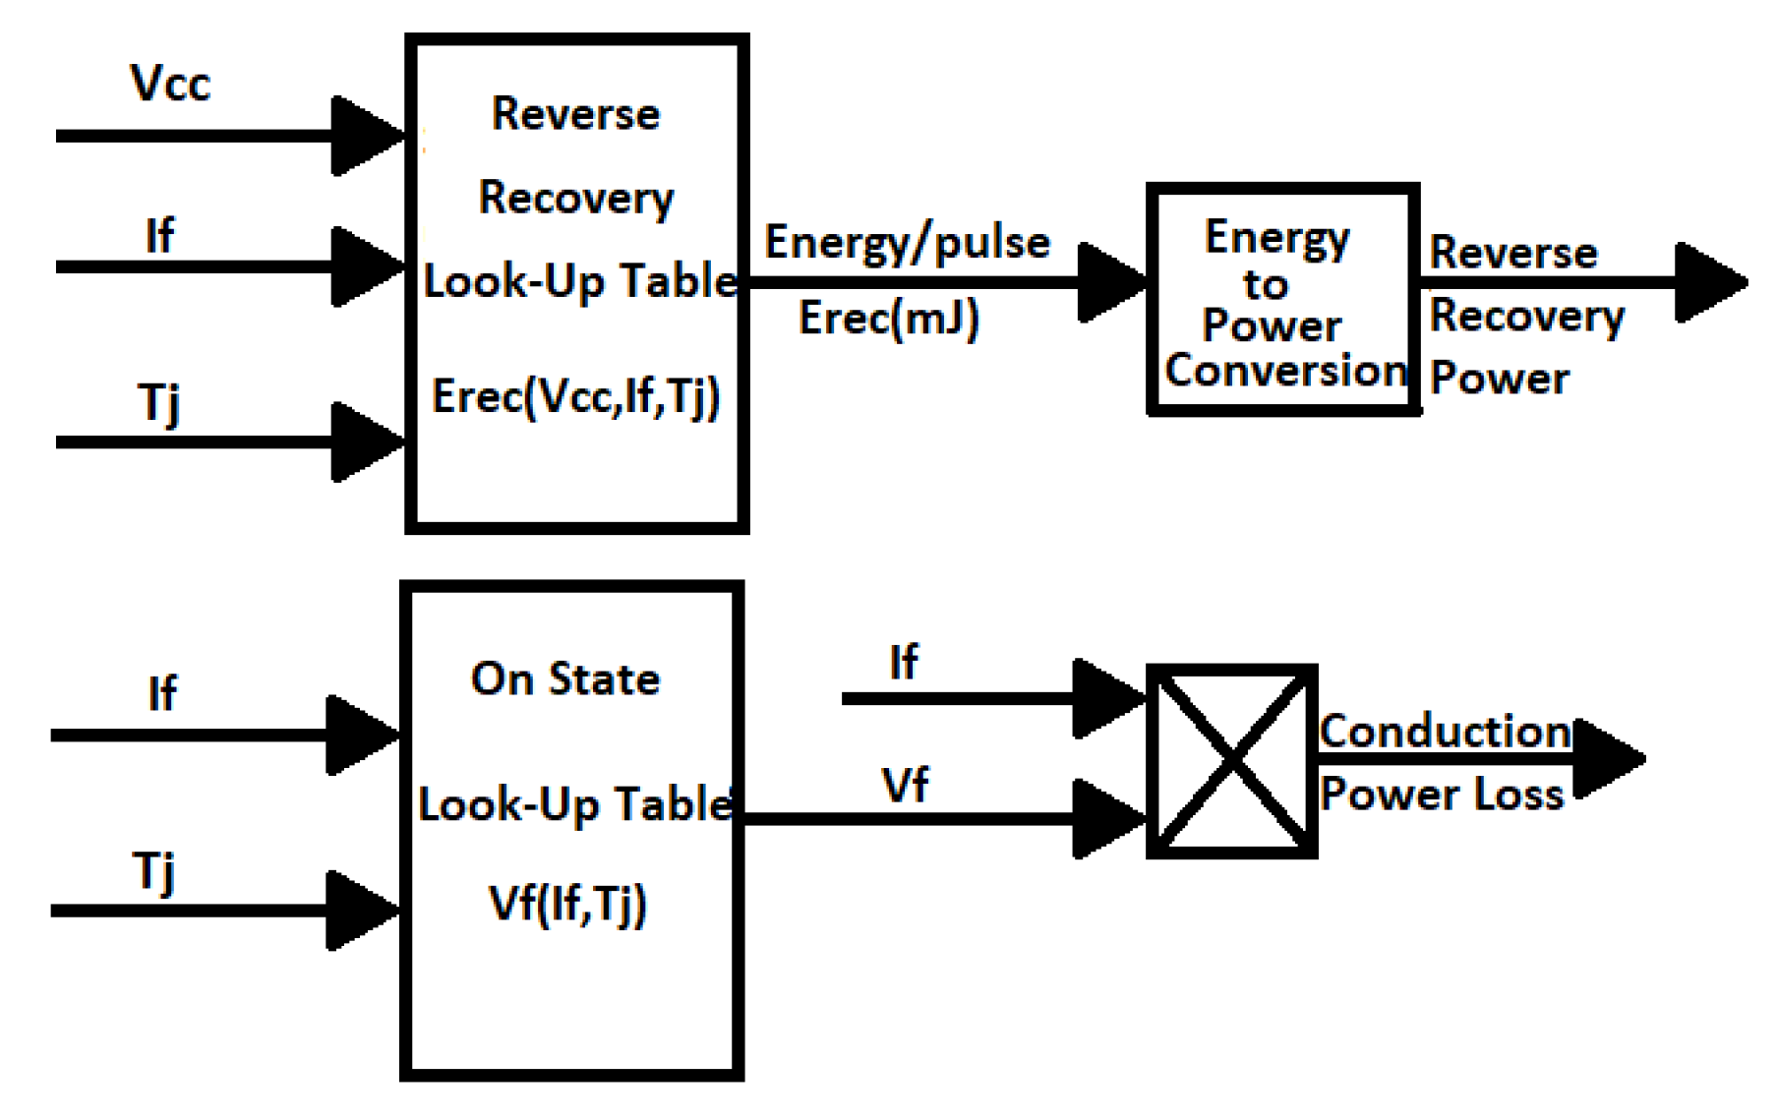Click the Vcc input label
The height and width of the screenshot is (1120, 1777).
[170, 84]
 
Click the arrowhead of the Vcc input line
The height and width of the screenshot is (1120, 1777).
[366, 136]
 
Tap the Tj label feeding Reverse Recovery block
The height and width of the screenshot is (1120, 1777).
[158, 403]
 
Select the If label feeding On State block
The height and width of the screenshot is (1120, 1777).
[162, 694]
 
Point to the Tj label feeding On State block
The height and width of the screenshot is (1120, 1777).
[154, 871]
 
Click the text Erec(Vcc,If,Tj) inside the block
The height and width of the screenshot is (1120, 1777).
[576, 396]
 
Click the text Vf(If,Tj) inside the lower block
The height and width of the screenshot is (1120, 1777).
[567, 904]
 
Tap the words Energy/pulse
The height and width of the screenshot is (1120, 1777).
[907, 243]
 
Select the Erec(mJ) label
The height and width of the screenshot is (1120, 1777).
[888, 319]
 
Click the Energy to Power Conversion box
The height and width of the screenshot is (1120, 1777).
[1283, 300]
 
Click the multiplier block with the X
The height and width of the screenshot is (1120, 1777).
[1231, 760]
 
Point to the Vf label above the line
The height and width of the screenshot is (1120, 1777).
[905, 785]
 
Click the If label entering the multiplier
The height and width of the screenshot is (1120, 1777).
[903, 662]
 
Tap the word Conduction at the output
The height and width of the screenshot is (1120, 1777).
[1445, 731]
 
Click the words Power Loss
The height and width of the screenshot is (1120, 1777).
[1442, 795]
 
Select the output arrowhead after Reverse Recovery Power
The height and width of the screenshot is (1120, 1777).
[1709, 282]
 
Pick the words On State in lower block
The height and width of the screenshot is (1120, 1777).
[565, 678]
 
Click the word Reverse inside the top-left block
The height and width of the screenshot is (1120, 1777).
[575, 114]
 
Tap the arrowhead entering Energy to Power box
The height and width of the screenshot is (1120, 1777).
[1111, 282]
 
